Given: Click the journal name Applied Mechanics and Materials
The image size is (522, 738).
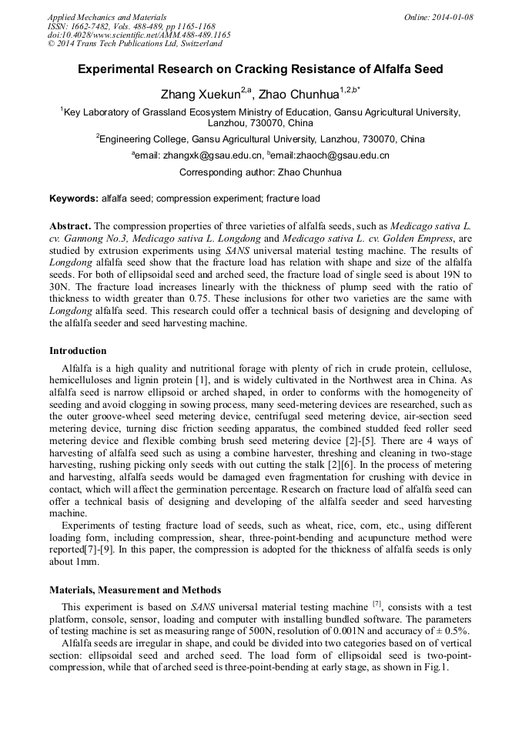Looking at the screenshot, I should (x=107, y=17).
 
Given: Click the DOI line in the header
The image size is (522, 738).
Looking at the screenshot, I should (x=139, y=35).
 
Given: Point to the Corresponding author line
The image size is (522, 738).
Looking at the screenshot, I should (x=260, y=172).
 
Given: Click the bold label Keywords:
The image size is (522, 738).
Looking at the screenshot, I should (x=74, y=199).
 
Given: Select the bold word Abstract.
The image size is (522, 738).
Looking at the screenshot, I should (x=70, y=226).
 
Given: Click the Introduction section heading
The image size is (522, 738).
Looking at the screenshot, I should (x=78, y=351).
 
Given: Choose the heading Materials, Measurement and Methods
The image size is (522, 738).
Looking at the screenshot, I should (x=135, y=590).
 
